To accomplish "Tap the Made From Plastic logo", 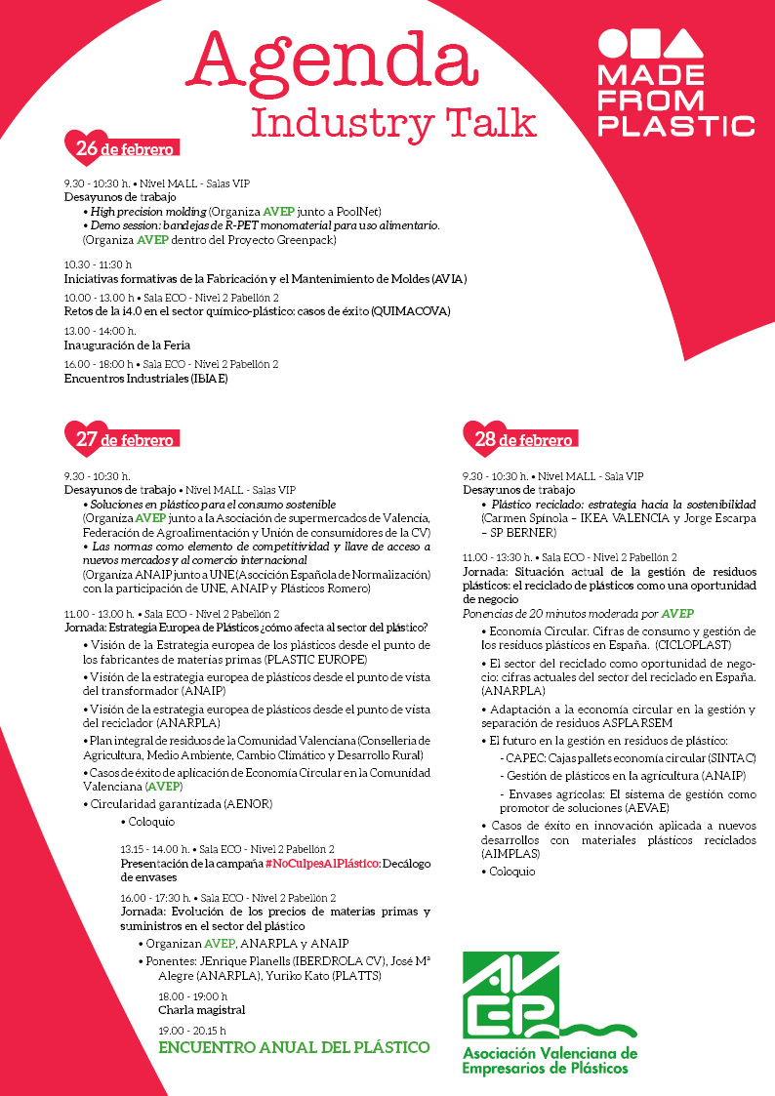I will pos(676,84).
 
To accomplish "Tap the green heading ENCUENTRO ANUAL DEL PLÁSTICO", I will pos(294,1047).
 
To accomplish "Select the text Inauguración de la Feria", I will pos(127,345).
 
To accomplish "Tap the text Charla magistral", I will pos(202,1009).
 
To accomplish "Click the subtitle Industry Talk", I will pos(394,124).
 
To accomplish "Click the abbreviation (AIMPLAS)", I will pos(510,853).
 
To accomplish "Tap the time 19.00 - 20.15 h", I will pos(192,1030).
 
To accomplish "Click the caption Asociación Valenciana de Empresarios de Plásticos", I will pos(549,1061).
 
